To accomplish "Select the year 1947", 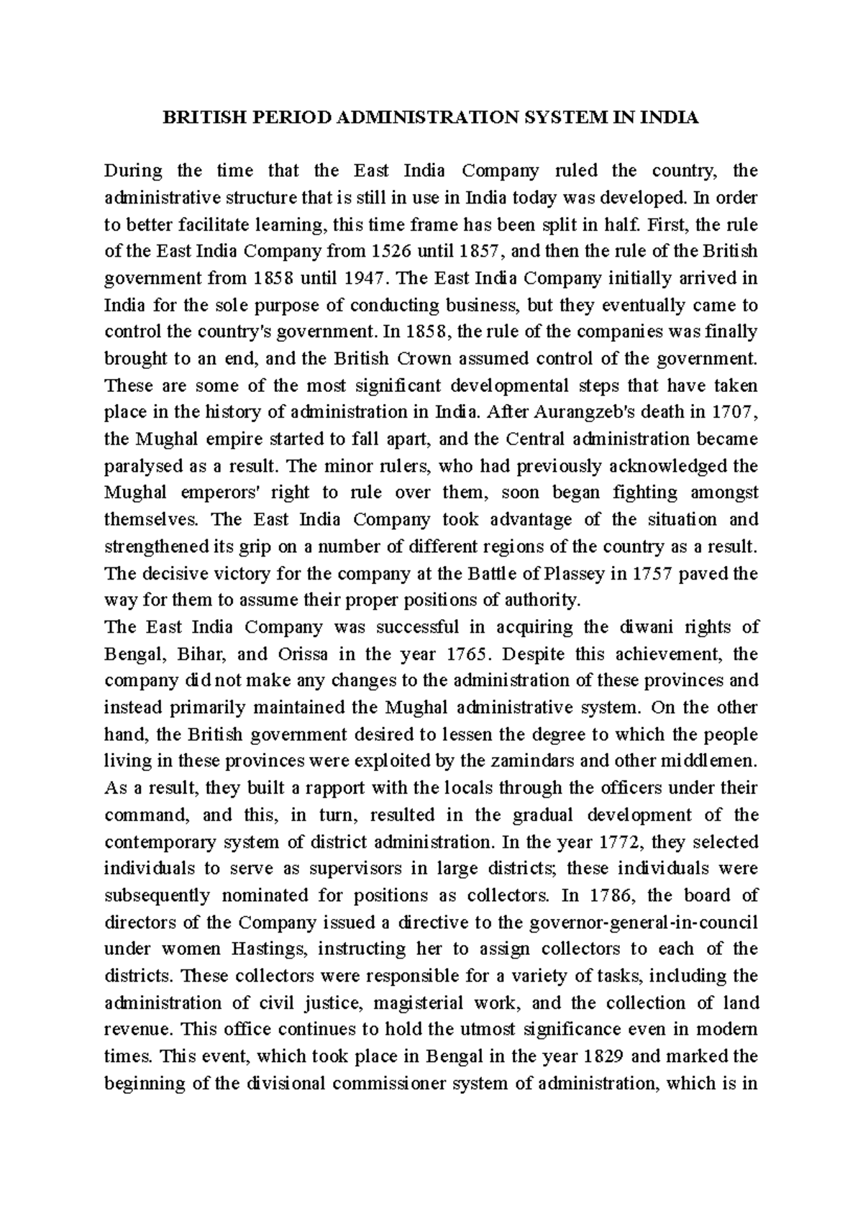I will point(357,278).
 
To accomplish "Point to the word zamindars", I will point(551,762).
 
